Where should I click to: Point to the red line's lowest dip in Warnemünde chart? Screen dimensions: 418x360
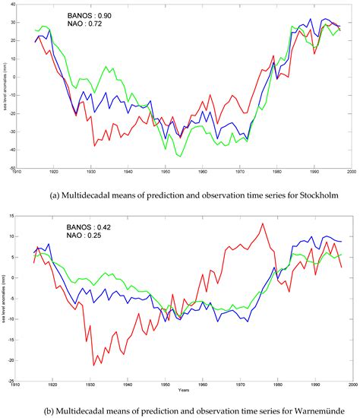click(x=93, y=366)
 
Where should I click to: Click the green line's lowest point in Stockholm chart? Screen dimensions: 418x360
click(x=181, y=156)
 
